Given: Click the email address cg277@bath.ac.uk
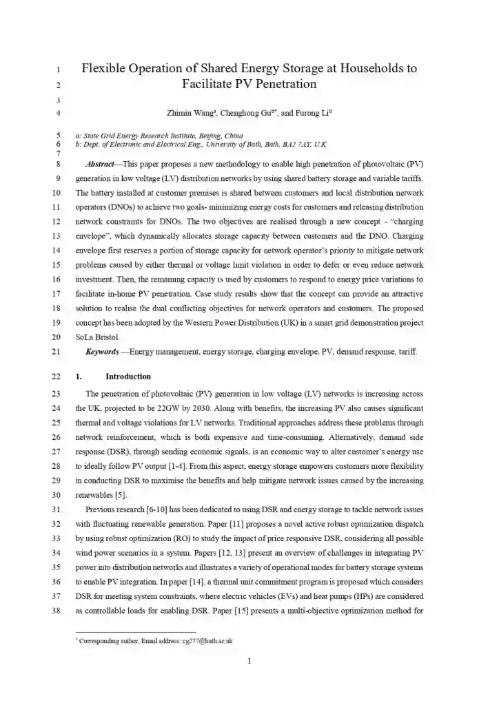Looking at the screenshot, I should pyautogui.click(x=207, y=641).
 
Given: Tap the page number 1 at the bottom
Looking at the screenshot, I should pyautogui.click(x=250, y=662).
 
